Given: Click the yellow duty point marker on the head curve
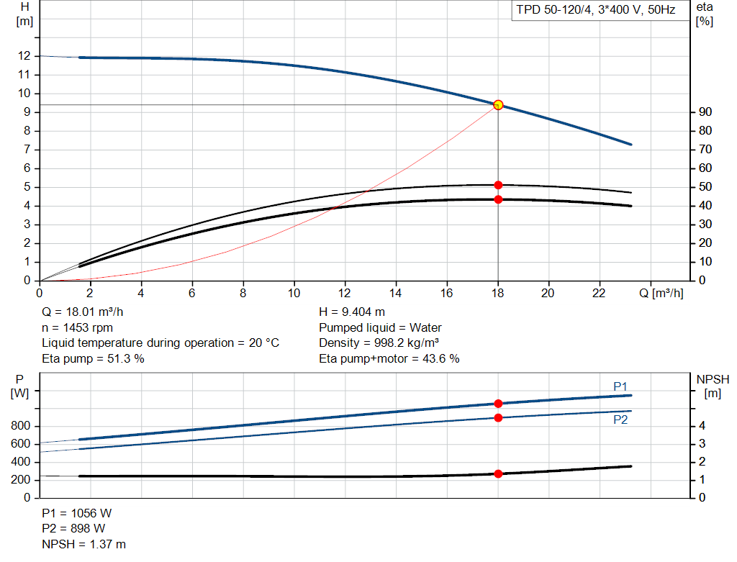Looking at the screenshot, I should tap(498, 105).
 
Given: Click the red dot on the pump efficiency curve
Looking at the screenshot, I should tap(498, 185).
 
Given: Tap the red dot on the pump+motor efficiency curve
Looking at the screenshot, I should tap(498, 199).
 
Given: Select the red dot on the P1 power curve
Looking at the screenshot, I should tap(498, 404).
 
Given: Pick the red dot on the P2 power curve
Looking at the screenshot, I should tap(498, 417).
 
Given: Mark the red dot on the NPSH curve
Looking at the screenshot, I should tap(498, 473).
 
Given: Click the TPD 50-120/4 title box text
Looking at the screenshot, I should tap(596, 11).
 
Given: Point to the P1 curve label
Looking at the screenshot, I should tap(620, 387).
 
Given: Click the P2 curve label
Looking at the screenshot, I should tap(620, 420).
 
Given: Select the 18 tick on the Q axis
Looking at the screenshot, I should tap(498, 293).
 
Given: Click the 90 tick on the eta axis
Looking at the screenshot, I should tap(704, 112).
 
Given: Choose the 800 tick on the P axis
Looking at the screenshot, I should tap(21, 427).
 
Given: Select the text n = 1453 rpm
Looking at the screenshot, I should tap(76, 327).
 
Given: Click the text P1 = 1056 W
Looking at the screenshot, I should tap(77, 514).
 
